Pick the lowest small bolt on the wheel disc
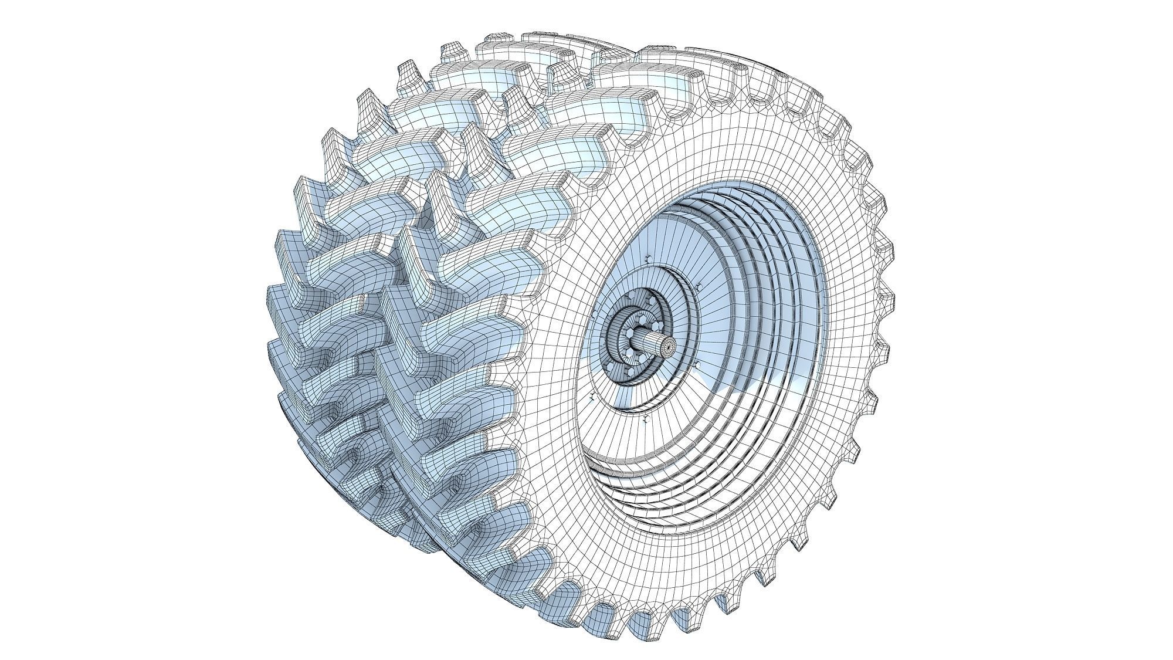tap(645, 420)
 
